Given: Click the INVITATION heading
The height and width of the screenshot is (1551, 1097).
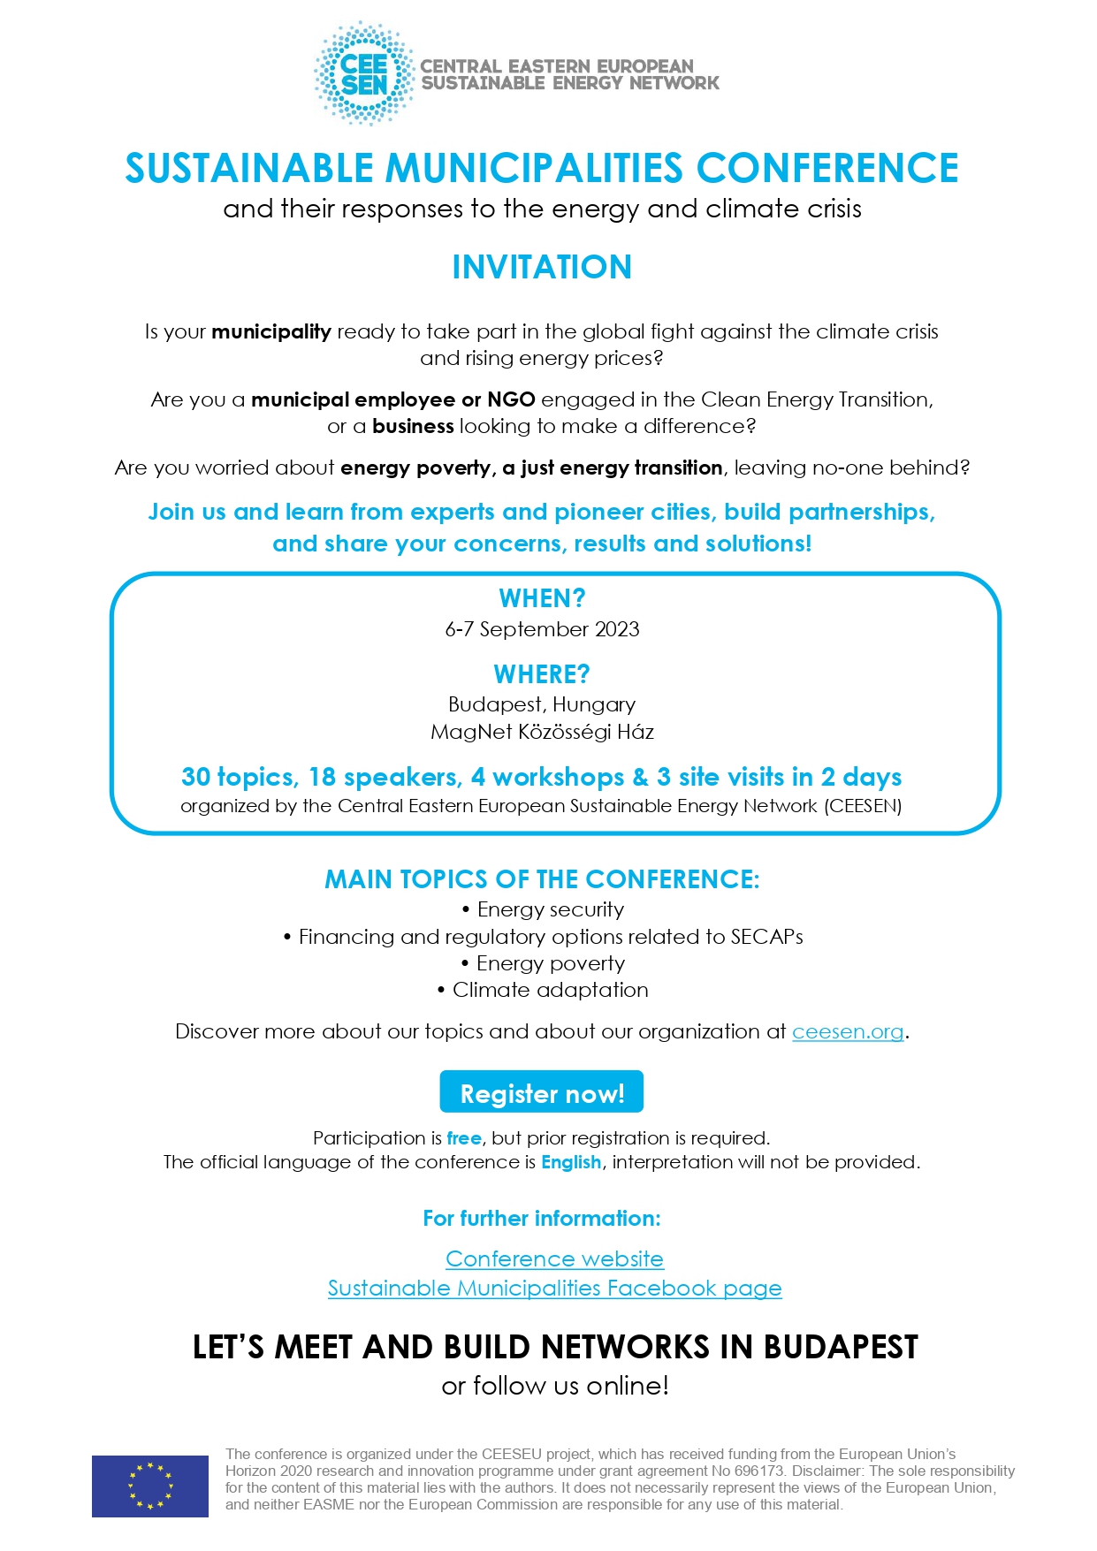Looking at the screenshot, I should click(542, 267).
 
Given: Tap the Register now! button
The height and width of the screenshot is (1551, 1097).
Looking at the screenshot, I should click(542, 1093).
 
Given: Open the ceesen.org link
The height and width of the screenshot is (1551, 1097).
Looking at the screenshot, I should click(848, 1032).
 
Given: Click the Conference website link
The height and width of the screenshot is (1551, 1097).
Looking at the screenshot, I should click(554, 1258).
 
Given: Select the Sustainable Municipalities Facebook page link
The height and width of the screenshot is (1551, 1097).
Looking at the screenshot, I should click(554, 1289).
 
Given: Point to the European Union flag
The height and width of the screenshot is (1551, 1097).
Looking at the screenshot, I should click(150, 1486).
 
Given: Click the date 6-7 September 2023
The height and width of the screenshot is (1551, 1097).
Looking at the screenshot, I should click(542, 629).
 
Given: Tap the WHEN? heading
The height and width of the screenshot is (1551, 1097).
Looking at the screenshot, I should click(542, 598).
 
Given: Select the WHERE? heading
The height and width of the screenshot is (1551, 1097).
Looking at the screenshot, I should click(542, 674).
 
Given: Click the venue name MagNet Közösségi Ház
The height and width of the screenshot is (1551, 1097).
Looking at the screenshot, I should click(542, 732).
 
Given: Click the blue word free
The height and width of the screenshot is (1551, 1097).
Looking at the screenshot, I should click(464, 1138).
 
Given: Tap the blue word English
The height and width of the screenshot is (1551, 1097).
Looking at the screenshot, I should click(571, 1162).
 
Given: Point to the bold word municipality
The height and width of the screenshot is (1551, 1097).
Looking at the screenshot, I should click(271, 332).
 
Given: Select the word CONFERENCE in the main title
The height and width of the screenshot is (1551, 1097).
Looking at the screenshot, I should click(827, 169).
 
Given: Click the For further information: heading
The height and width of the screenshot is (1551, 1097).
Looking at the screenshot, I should click(542, 1219).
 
